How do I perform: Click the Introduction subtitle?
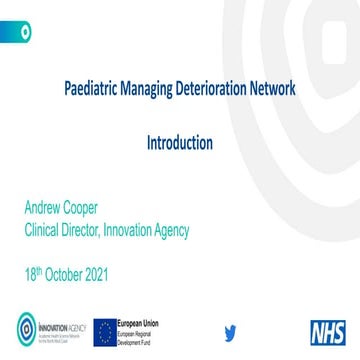click(180, 141)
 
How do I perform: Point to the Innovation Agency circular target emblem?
click(25, 328)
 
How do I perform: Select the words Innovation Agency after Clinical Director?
click(150, 231)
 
